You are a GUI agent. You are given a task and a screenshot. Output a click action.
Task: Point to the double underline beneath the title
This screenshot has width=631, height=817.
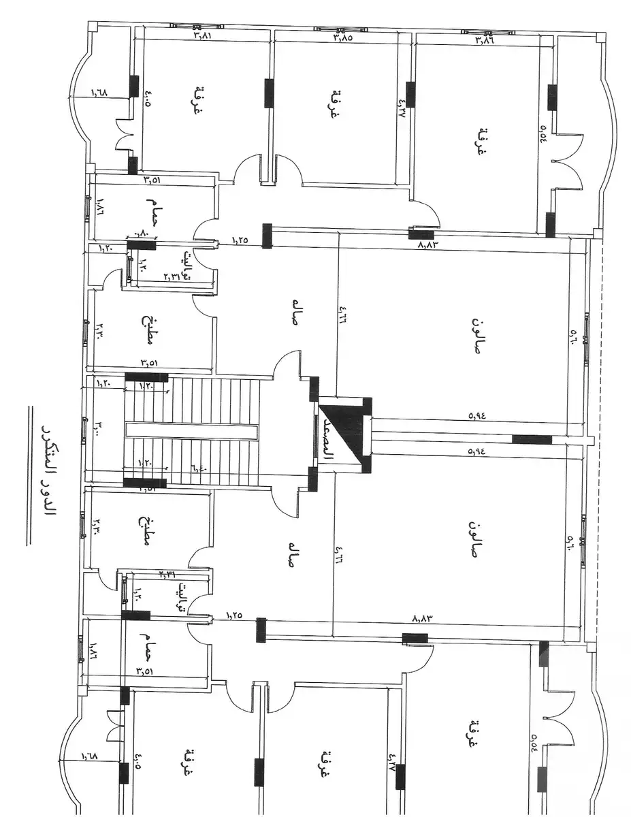point(29,476)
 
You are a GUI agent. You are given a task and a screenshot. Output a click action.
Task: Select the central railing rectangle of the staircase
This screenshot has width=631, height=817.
point(191,432)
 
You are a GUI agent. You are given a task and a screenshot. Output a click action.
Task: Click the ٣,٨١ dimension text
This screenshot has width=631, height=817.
point(203,34)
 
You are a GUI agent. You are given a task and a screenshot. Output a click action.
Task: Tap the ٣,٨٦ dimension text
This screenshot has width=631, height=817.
point(484,41)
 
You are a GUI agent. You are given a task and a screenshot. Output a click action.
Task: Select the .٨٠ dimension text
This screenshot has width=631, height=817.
point(143,234)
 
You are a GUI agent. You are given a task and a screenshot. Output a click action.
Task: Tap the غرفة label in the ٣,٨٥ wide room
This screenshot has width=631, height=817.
point(335,104)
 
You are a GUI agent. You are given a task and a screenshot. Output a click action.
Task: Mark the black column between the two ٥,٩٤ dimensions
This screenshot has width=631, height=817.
point(532,439)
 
